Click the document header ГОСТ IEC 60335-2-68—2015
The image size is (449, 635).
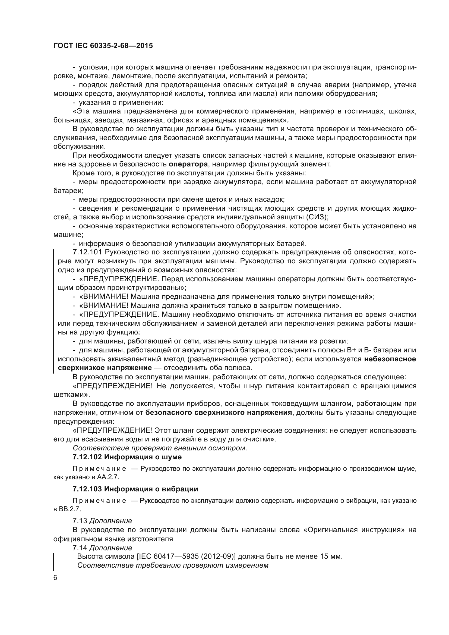(x=103, y=46)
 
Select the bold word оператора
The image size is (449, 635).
(x=188, y=164)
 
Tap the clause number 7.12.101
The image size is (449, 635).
(x=88, y=252)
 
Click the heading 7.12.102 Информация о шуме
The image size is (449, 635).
(x=127, y=457)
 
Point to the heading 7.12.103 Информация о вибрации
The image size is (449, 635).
(x=135, y=489)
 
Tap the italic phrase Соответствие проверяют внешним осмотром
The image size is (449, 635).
(x=160, y=448)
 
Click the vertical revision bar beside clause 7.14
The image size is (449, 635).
(x=54, y=562)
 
